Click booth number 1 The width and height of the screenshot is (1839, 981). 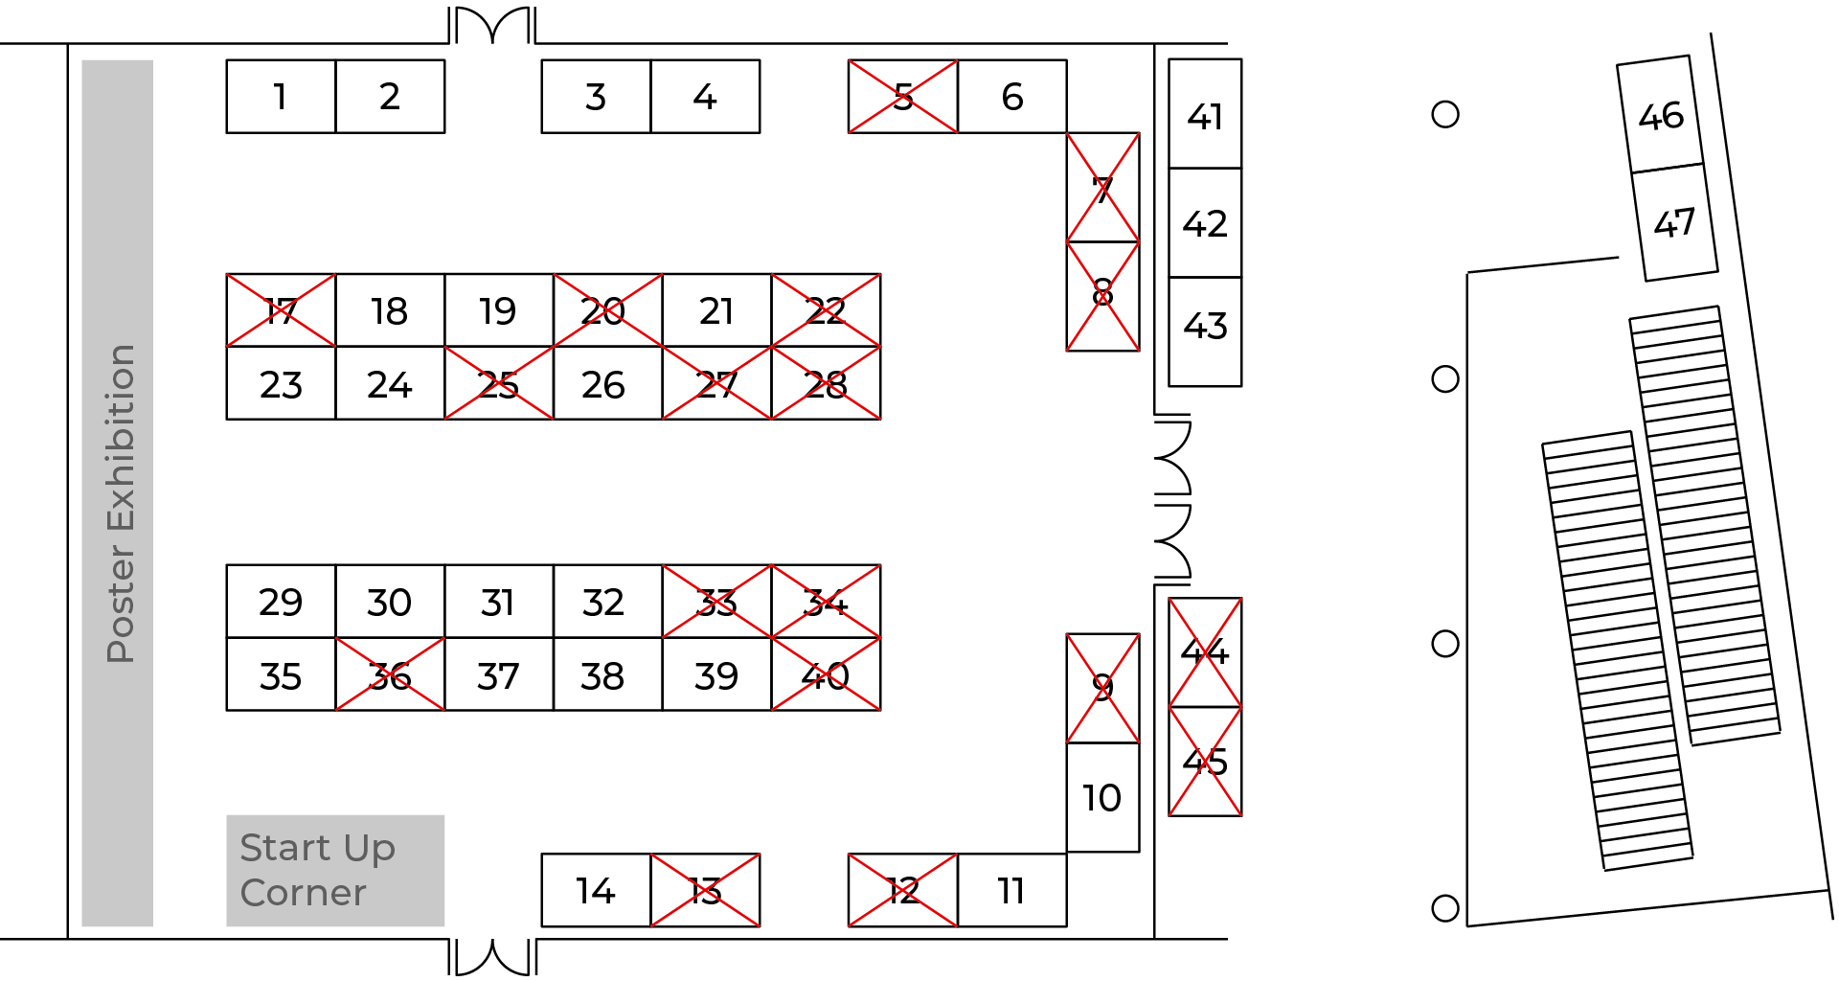[281, 97]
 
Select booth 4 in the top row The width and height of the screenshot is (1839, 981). [705, 97]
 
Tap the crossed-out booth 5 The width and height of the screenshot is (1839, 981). [902, 97]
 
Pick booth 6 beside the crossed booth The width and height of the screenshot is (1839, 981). [1011, 97]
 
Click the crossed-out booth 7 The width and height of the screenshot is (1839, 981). [1102, 188]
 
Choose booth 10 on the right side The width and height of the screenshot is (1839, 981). [1102, 797]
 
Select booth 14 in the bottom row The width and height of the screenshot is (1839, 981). [596, 891]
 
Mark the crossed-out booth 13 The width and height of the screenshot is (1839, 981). [705, 891]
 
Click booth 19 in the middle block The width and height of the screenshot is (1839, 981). [498, 310]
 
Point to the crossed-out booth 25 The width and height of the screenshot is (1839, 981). [498, 383]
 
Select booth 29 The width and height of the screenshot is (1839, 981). [281, 602]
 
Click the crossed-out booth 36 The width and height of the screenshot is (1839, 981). [390, 675]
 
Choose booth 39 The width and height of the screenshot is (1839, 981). [716, 675]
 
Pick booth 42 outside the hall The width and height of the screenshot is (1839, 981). [1205, 223]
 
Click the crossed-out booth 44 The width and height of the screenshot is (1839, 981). [1205, 652]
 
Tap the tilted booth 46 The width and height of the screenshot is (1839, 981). [1661, 116]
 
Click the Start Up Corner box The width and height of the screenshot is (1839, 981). [335, 870]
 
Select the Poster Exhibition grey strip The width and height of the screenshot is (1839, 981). [118, 493]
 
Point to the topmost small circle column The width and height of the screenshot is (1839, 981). [1444, 115]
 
